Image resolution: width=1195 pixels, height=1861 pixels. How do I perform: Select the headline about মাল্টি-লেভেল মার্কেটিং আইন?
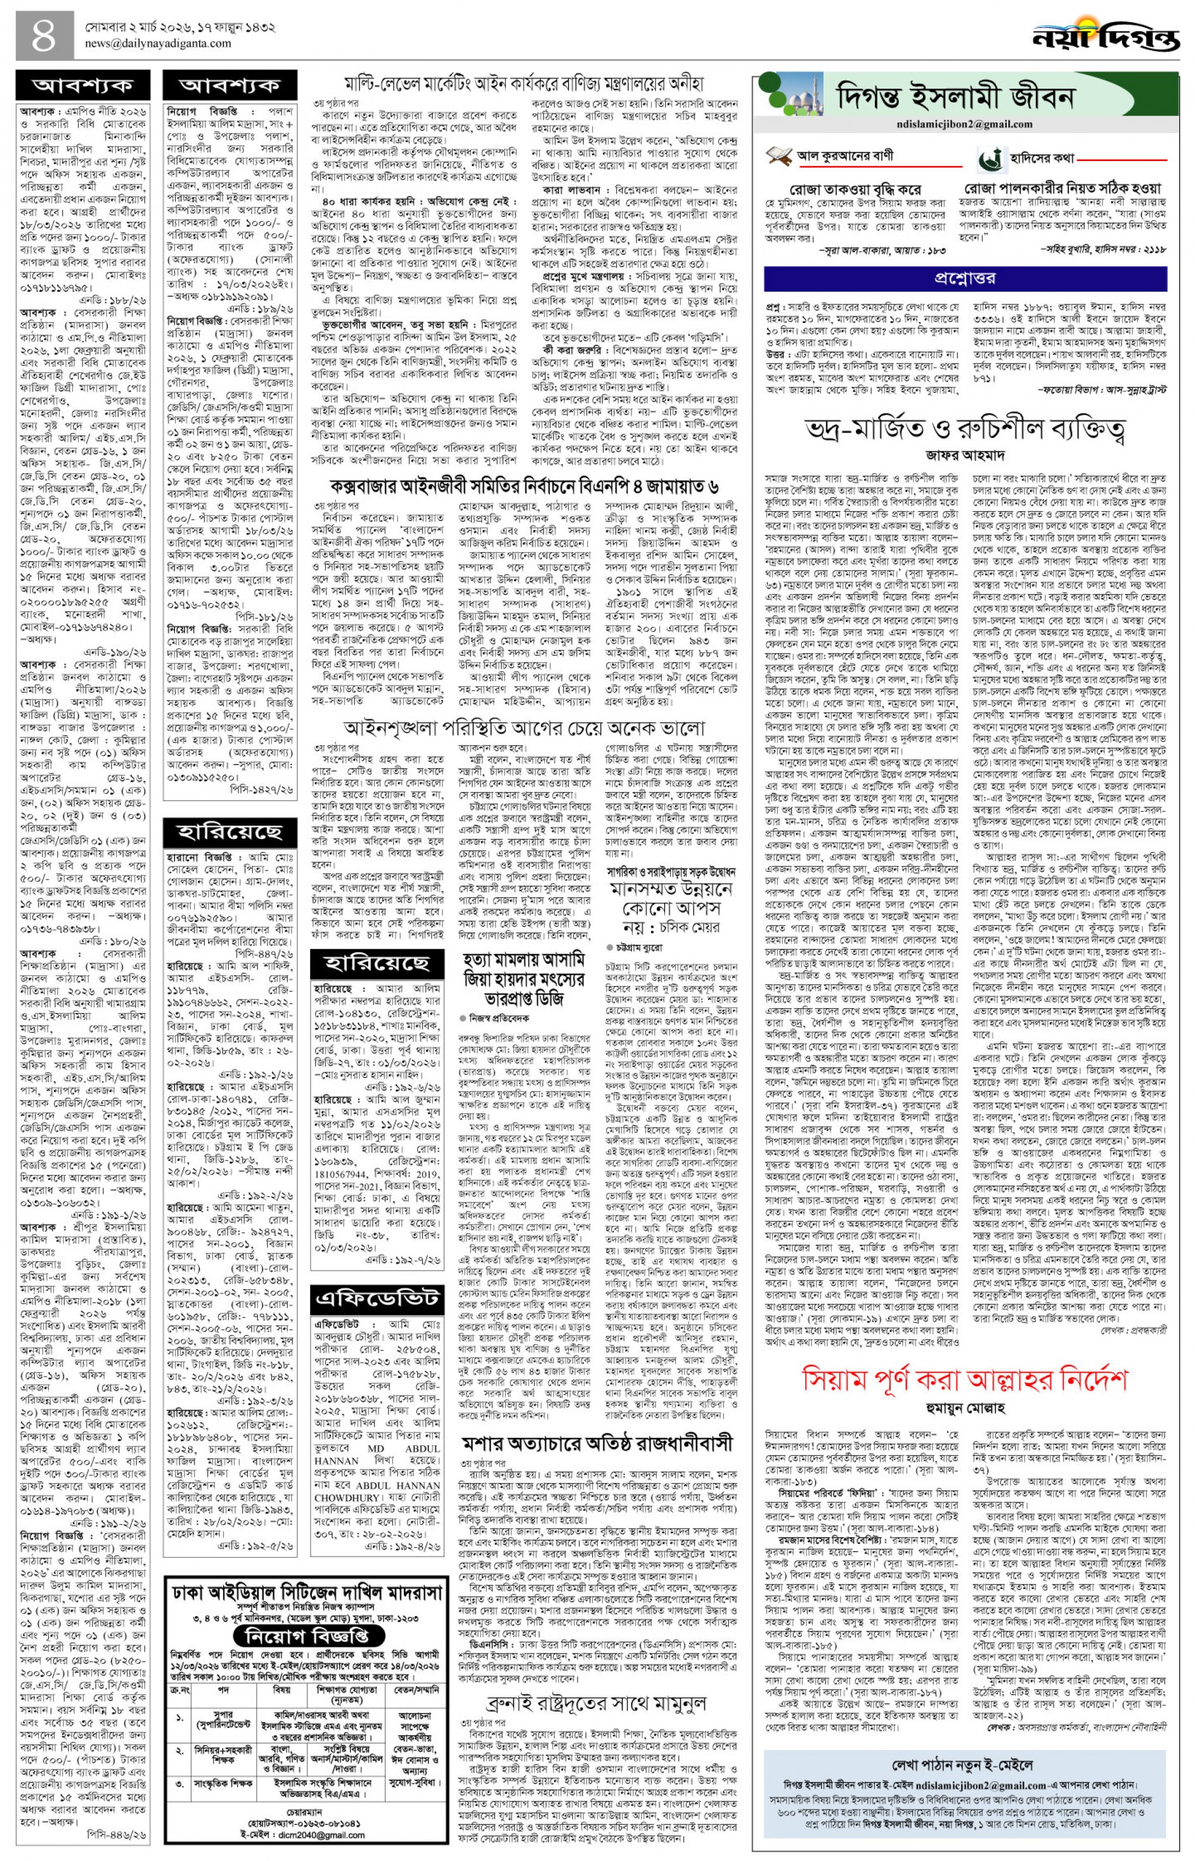(524, 83)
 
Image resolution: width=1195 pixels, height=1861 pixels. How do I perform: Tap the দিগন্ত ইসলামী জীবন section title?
(955, 98)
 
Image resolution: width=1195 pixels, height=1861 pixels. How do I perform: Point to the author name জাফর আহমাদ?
(964, 454)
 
